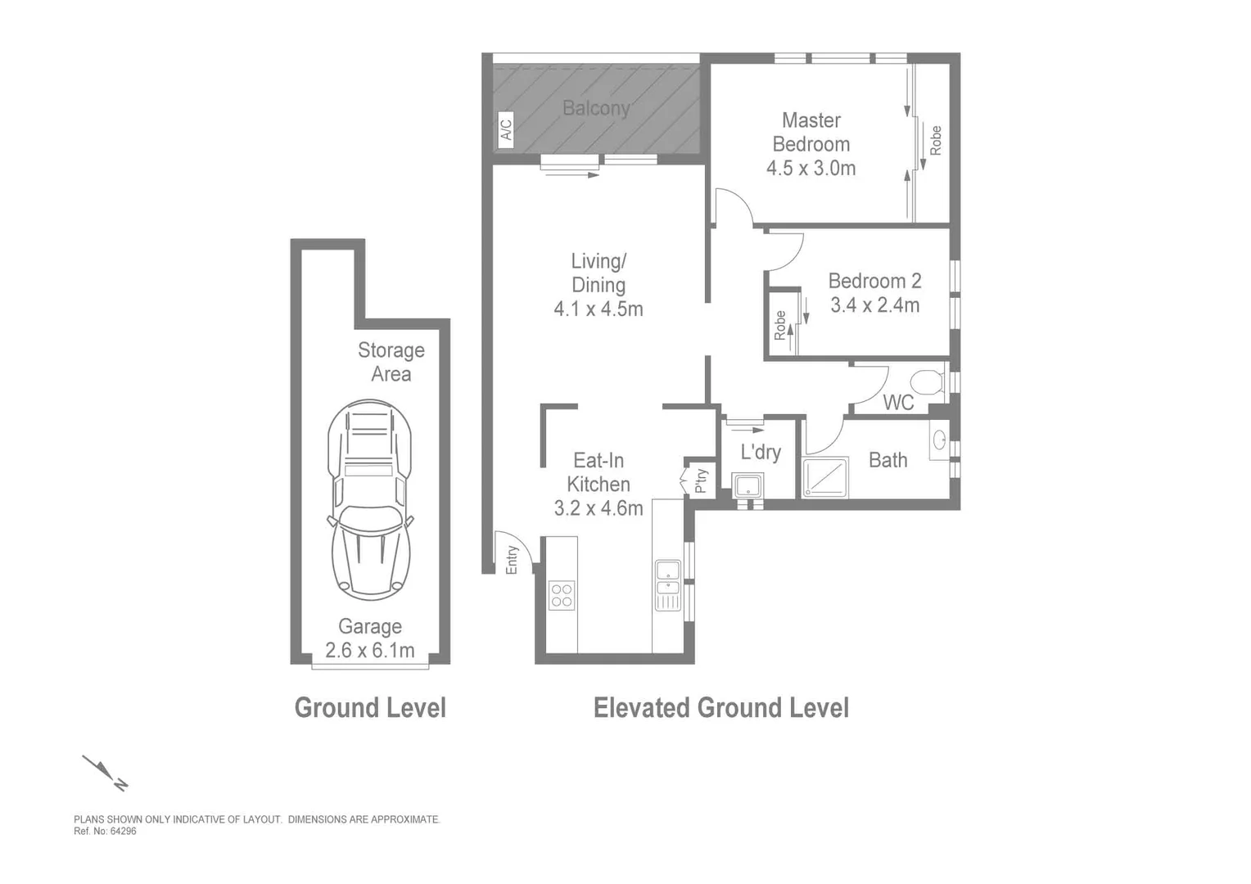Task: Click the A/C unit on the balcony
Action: [x=505, y=129]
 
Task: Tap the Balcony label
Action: [x=596, y=108]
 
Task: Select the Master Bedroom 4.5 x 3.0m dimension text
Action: [x=811, y=169]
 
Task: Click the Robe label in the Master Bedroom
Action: [x=935, y=141]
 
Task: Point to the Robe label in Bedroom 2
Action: [x=780, y=325]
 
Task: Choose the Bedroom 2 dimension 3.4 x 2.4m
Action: [x=874, y=305]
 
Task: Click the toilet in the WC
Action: [x=928, y=382]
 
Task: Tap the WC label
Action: [x=898, y=403]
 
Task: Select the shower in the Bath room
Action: [x=824, y=478]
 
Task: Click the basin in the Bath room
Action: [x=940, y=440]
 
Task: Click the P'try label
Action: [x=701, y=480]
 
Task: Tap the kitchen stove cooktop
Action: [x=562, y=595]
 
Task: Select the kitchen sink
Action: [x=668, y=584]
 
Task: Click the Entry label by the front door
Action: [x=513, y=560]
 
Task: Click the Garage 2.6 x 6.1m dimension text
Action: [x=369, y=651]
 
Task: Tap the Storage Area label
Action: [x=391, y=362]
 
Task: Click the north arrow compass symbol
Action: [x=105, y=773]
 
